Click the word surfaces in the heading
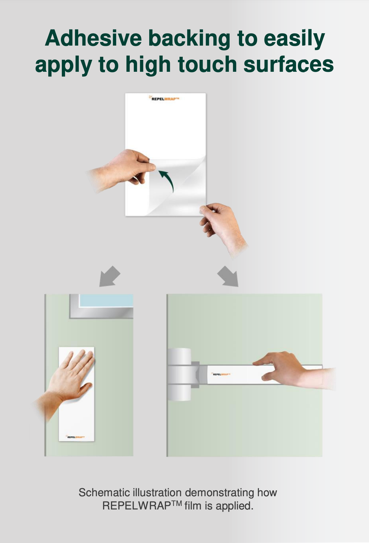point(289,64)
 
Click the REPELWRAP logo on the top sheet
point(164,99)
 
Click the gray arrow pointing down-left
point(109,277)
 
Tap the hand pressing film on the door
point(66,382)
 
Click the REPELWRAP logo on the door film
point(76,437)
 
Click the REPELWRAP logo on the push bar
point(221,374)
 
